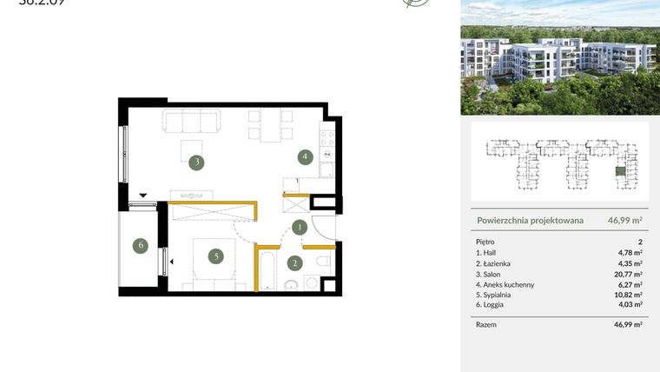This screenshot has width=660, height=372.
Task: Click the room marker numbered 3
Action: [198, 162]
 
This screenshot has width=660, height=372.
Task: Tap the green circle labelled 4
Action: [304, 157]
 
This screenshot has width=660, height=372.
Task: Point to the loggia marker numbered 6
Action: [141, 246]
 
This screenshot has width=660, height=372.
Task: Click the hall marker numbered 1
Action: [299, 229]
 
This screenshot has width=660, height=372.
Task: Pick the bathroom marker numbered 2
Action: [294, 263]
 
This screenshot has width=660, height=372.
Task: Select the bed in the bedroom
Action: [213, 262]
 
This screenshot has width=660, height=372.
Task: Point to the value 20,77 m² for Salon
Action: [628, 274]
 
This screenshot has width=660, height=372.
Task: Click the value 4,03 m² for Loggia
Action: [628, 305]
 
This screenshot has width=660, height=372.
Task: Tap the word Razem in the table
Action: [486, 323]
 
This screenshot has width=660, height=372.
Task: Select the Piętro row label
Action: [485, 242]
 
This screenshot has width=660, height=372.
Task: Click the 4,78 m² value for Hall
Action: [629, 253]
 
